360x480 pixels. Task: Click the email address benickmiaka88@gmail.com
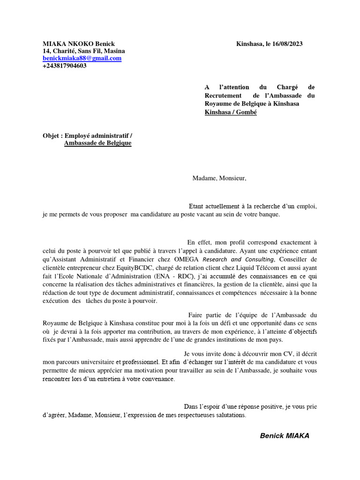click(x=82, y=58)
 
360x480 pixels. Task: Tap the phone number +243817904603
click(x=65, y=66)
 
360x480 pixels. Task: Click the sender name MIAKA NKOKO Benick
click(x=79, y=44)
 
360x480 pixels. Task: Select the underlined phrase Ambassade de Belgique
click(x=97, y=143)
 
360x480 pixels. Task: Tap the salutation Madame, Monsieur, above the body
click(x=219, y=178)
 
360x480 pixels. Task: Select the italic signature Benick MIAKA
click(x=285, y=436)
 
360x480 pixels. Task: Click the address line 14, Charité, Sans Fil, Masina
click(x=83, y=51)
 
